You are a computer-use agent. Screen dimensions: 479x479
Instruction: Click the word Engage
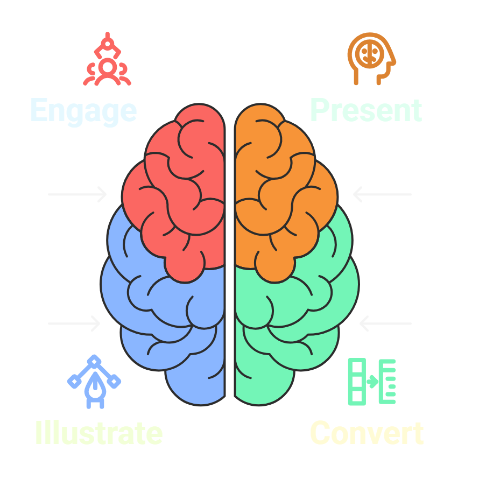(x=83, y=111)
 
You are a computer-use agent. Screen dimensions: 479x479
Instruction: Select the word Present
(x=366, y=110)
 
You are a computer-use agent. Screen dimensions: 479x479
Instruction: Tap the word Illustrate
(x=98, y=433)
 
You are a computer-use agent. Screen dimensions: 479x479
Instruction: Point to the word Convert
(x=367, y=433)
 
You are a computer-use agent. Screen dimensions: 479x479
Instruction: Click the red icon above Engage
(x=107, y=60)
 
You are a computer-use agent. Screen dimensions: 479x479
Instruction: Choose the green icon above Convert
(x=372, y=381)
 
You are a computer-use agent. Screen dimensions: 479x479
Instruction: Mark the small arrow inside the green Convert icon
(x=372, y=382)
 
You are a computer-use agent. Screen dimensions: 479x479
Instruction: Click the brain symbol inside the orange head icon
(x=369, y=53)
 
